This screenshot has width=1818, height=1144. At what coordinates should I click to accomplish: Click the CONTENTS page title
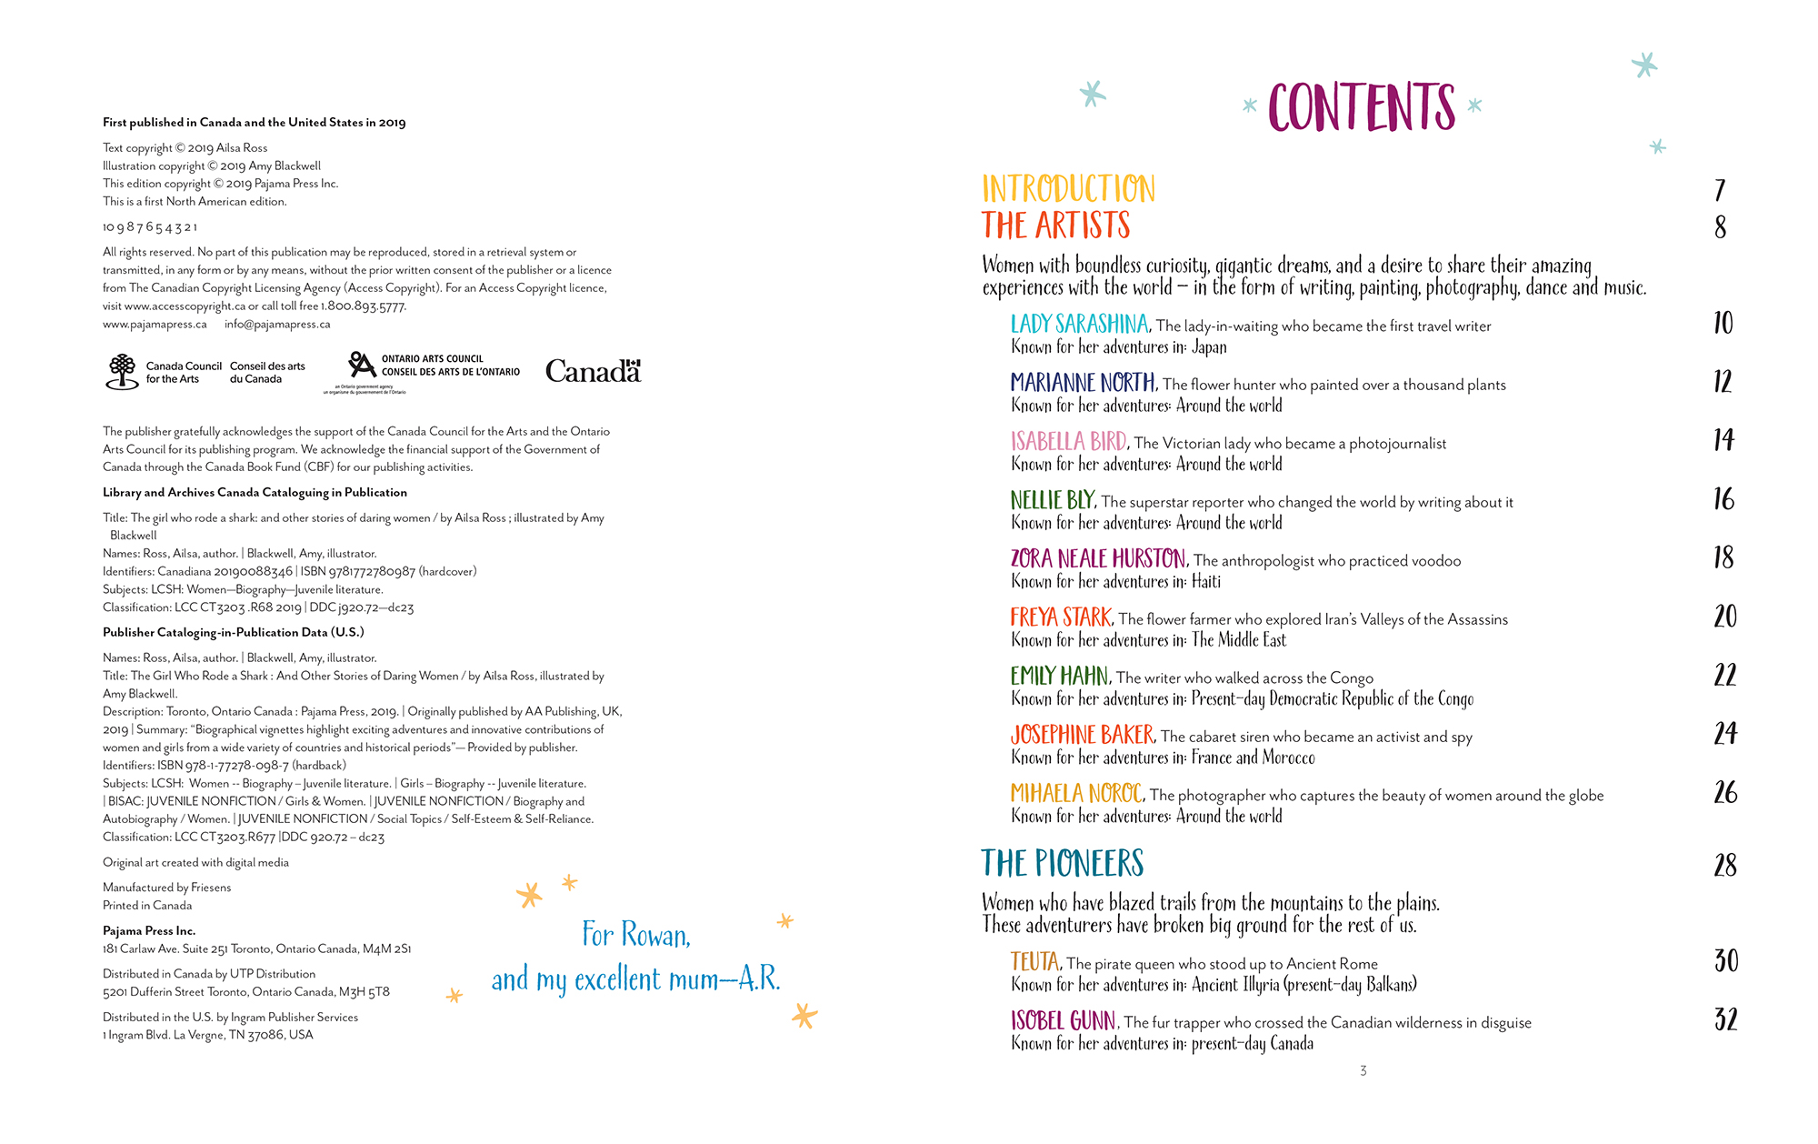click(1361, 107)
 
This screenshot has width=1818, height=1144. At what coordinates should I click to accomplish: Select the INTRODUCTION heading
click(1068, 189)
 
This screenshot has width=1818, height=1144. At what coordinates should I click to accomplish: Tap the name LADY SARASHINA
click(1079, 324)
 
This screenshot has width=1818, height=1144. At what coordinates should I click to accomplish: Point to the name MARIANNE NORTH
click(1083, 382)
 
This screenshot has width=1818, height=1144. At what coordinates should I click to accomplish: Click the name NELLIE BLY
click(1053, 500)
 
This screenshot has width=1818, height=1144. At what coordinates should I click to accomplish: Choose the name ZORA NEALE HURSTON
click(1098, 558)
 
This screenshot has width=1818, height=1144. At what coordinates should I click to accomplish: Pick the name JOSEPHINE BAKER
click(1082, 735)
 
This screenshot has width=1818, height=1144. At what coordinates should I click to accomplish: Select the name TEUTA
click(1034, 962)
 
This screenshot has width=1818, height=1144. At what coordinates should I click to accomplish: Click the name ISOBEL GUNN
click(1064, 1020)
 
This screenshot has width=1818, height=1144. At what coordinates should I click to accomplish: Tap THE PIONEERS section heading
click(1062, 863)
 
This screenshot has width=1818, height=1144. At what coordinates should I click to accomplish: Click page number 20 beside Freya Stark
click(1724, 617)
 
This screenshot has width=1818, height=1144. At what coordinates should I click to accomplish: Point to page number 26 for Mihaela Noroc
click(1724, 793)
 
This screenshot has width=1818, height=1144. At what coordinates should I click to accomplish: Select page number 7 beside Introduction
click(1720, 190)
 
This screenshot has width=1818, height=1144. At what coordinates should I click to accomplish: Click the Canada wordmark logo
click(593, 371)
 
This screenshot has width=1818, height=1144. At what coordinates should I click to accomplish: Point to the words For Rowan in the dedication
click(635, 935)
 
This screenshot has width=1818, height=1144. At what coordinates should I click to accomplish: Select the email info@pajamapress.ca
click(277, 325)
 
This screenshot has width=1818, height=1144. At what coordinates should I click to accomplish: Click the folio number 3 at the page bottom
click(1363, 1071)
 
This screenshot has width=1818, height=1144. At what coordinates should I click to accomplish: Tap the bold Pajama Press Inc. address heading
click(149, 931)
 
